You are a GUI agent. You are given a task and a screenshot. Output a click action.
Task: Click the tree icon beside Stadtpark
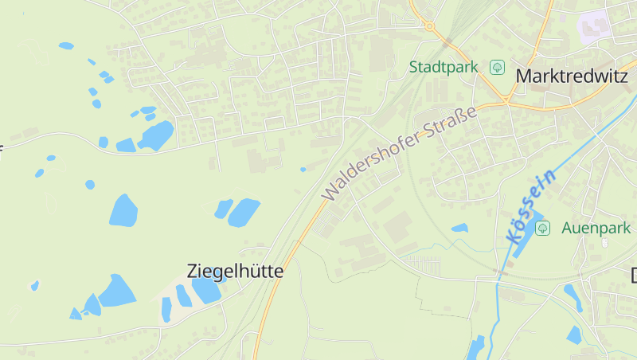click(x=498, y=67)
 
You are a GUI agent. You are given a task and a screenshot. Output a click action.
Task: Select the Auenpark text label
click(x=596, y=228)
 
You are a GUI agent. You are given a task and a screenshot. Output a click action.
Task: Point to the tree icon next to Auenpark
click(x=543, y=229)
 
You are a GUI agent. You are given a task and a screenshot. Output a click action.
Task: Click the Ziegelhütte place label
click(x=235, y=271)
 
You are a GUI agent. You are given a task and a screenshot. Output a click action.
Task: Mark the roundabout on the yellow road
click(x=430, y=26)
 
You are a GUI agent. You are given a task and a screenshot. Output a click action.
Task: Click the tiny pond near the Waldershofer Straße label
click(x=303, y=169)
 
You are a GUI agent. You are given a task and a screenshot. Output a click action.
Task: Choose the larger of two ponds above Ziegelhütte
click(x=244, y=212)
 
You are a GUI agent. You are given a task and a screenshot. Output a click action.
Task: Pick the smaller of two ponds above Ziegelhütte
click(x=223, y=209)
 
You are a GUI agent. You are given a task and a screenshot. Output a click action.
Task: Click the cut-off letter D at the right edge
click(x=634, y=276)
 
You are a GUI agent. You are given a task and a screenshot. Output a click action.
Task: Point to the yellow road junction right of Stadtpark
click(x=506, y=102)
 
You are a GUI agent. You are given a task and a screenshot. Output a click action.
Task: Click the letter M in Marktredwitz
click(x=525, y=76)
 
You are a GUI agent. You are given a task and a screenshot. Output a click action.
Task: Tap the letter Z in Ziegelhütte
click(x=192, y=271)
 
